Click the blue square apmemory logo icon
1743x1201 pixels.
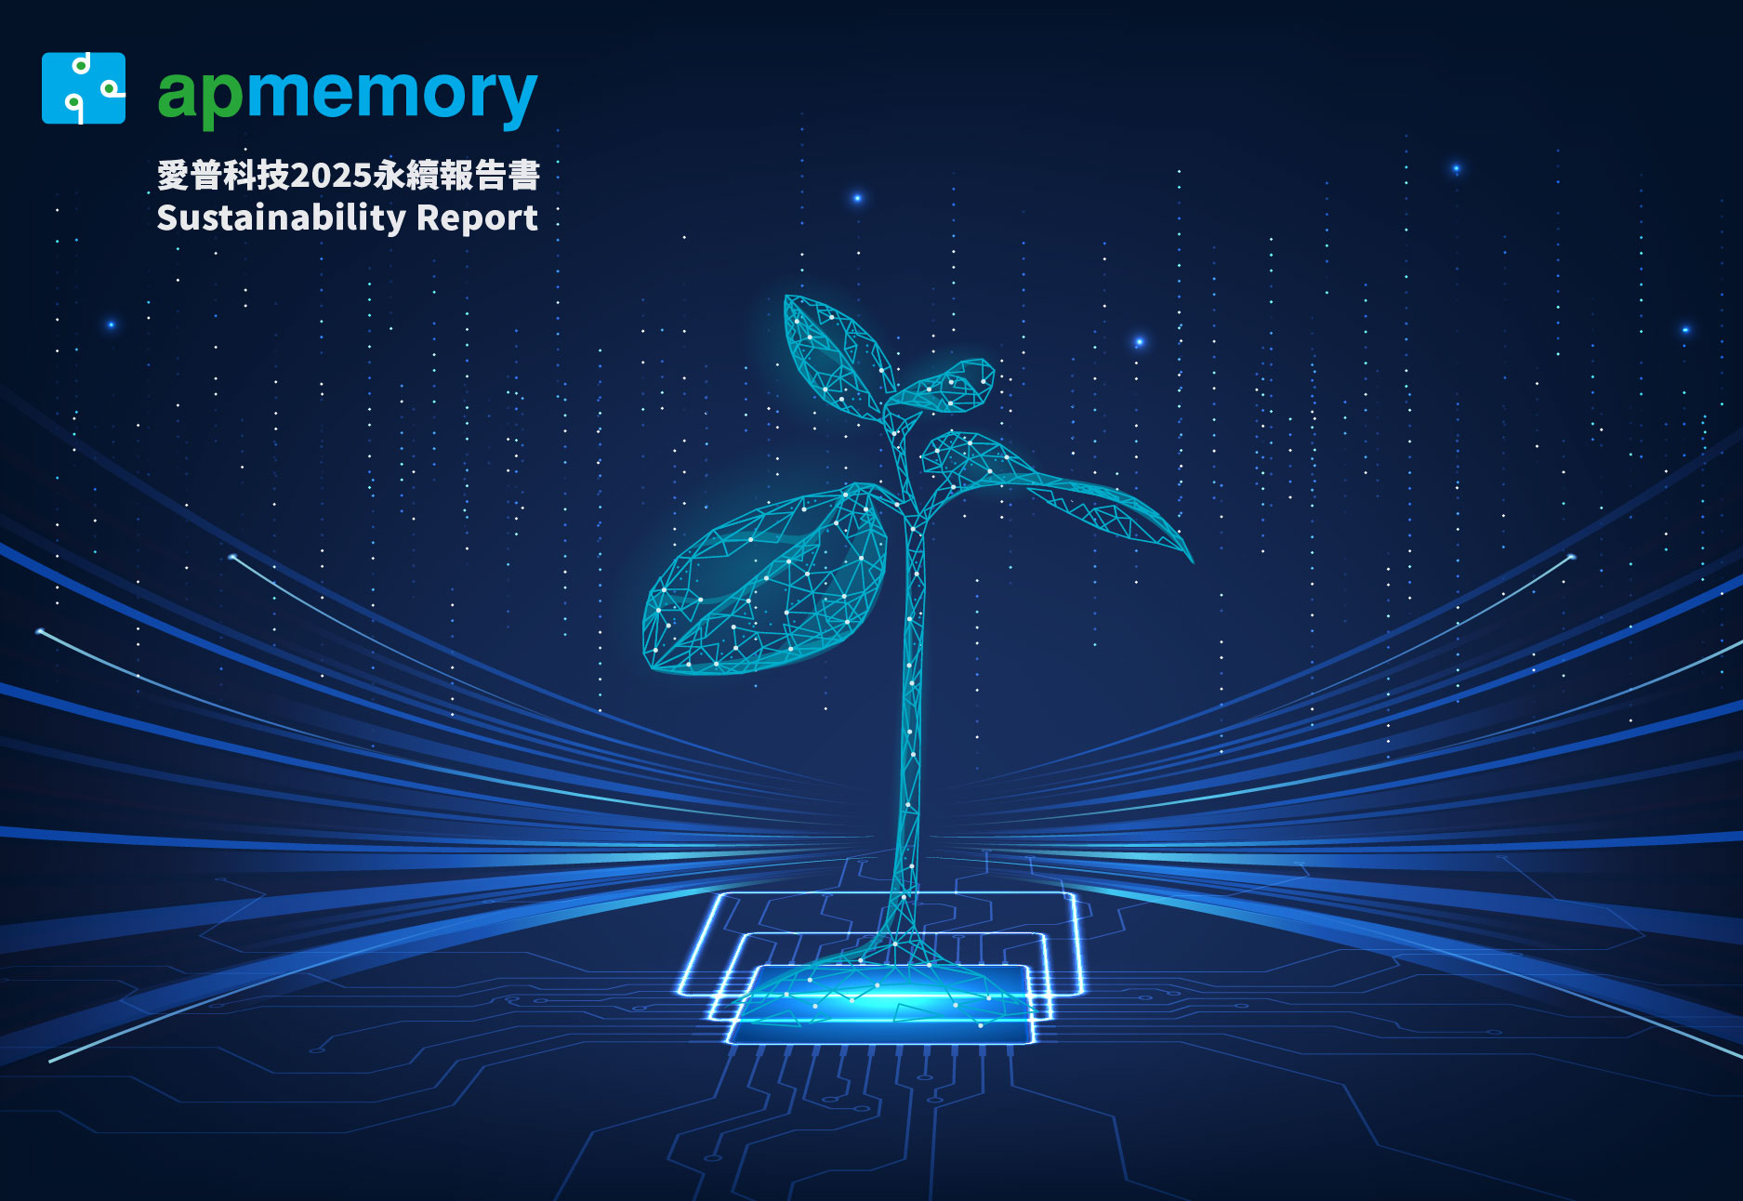tap(84, 88)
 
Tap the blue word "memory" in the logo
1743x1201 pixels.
tap(391, 96)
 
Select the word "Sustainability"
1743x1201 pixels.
tap(282, 218)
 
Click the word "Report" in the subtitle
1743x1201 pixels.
tap(477, 218)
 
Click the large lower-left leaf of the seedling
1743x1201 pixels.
tap(762, 581)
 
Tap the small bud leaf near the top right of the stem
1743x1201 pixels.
tap(944, 385)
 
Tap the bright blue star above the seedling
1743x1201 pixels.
tap(857, 198)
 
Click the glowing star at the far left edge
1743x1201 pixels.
tap(112, 324)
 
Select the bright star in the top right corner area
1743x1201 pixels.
tap(1456, 169)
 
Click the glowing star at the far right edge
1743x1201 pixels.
tap(1685, 330)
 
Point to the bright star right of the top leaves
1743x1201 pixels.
tap(1139, 342)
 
